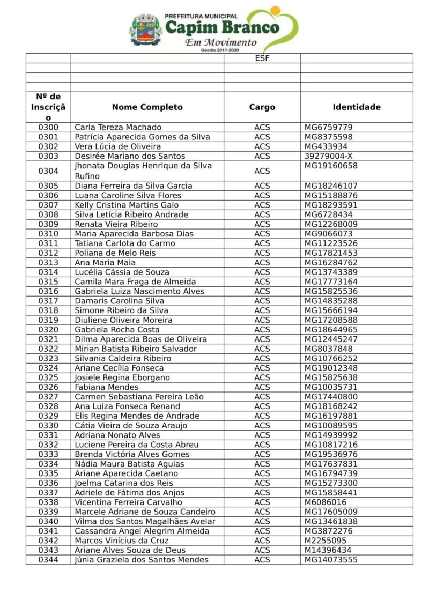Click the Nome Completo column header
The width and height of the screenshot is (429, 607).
pos(147,107)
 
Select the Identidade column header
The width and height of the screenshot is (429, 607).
pos(357,107)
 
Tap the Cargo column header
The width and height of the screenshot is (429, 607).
pos(262,107)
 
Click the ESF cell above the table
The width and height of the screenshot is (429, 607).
pos(262,58)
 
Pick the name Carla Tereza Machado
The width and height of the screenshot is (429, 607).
pos(117,128)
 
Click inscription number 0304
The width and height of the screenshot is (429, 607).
pos(48,171)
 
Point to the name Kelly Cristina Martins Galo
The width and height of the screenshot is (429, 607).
pos(127,205)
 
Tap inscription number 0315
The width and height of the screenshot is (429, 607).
pos(48,282)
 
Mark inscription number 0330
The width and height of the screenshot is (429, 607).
pos(48,426)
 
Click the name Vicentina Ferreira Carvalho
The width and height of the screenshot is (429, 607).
pos(128,502)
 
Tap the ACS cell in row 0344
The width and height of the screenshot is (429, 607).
pos(262,560)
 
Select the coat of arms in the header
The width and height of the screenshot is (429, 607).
pos(145,30)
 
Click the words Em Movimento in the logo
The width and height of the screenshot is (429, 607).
pos(220,42)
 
